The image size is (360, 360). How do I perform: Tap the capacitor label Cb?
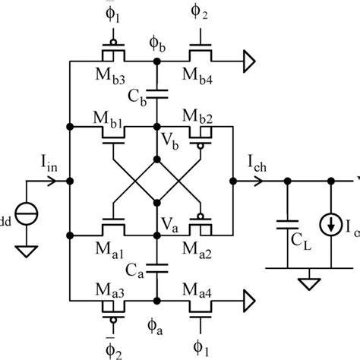pyautogui.click(x=137, y=96)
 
